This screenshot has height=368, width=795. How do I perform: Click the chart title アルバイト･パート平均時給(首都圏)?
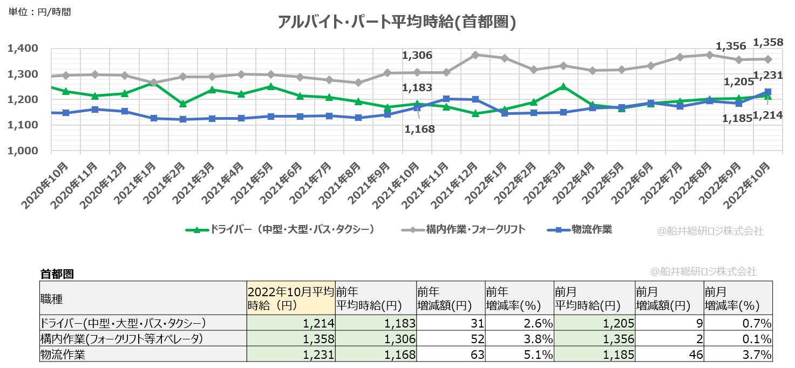click(x=397, y=22)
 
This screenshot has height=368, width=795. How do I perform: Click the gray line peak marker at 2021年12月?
click(x=475, y=55)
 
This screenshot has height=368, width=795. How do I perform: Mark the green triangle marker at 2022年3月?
click(x=563, y=86)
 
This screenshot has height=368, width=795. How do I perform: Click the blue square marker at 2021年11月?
click(x=446, y=99)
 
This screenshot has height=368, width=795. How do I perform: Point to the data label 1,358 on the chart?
click(x=767, y=42)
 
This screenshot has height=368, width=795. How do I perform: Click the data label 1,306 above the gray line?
click(x=417, y=56)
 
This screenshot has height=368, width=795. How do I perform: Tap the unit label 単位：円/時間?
click(x=39, y=11)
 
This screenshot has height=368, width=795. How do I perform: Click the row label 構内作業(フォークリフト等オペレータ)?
click(x=122, y=339)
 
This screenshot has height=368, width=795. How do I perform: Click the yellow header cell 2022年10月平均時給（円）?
click(x=290, y=298)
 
